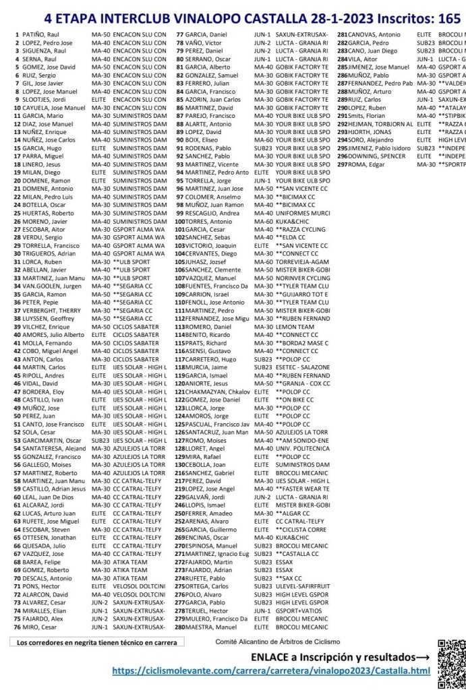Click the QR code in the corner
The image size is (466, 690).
(450, 664)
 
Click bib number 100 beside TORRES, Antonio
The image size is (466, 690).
(180, 221)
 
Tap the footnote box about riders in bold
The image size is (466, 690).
(97, 641)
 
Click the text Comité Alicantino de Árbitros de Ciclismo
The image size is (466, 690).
(278, 641)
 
